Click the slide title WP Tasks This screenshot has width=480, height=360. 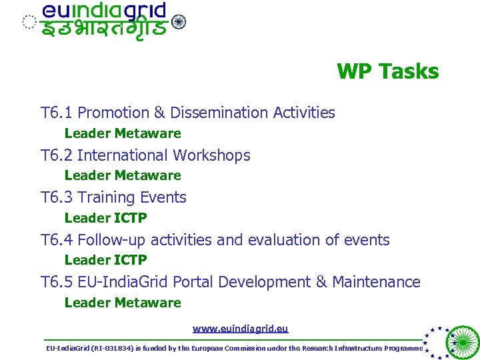(x=387, y=71)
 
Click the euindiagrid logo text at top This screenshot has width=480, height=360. (x=105, y=12)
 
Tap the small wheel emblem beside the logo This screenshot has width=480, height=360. (x=179, y=22)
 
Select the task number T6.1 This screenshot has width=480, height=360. (x=57, y=113)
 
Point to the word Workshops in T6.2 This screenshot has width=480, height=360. (x=211, y=155)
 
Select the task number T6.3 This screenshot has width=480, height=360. (x=57, y=197)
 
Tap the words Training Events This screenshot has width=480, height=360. (x=132, y=197)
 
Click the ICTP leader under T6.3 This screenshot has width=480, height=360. (x=131, y=218)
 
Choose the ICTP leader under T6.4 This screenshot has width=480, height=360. (x=131, y=260)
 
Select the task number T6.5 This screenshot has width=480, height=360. (x=57, y=282)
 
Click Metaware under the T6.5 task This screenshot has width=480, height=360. (x=147, y=303)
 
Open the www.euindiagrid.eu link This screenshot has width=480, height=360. (x=240, y=329)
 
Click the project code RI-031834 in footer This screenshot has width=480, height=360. (x=109, y=349)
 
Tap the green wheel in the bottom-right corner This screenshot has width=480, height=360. (x=462, y=343)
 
